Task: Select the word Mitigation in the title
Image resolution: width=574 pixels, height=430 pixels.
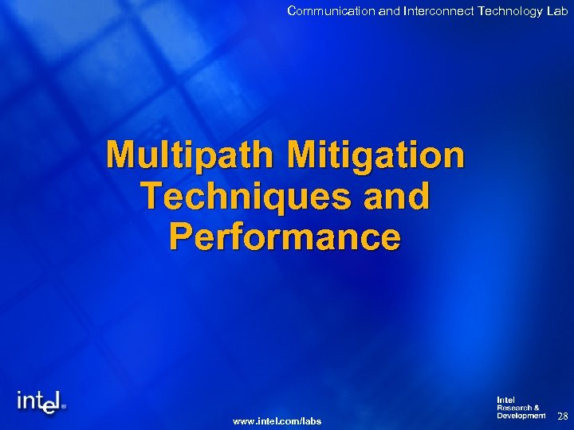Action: click(x=376, y=154)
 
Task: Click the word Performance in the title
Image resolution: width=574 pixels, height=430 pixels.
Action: click(x=285, y=236)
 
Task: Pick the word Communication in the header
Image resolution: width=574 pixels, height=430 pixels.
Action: click(x=325, y=10)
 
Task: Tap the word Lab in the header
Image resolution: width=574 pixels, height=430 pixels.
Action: click(x=556, y=10)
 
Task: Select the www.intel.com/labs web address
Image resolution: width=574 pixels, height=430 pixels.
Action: click(x=277, y=420)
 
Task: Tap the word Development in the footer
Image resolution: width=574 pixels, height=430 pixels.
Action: click(x=521, y=416)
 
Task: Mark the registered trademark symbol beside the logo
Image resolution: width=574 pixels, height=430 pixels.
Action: click(x=64, y=405)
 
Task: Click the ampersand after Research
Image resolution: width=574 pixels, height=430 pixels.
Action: click(x=537, y=408)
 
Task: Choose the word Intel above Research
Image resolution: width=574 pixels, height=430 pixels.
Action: click(x=505, y=400)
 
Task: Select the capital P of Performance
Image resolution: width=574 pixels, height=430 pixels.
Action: click(x=182, y=236)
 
